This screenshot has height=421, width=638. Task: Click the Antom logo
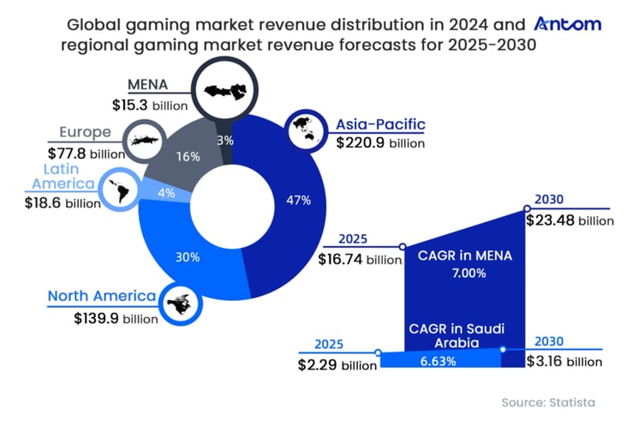click(567, 23)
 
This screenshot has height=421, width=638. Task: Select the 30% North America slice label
click(188, 256)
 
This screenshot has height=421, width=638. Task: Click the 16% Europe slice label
click(188, 156)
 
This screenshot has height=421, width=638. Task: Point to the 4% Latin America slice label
click(166, 194)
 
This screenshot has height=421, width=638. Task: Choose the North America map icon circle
click(181, 303)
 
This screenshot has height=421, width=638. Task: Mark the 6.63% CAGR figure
click(438, 362)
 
